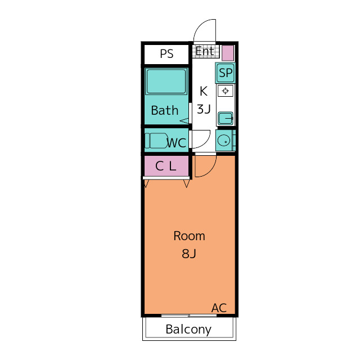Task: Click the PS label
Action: coord(166,54)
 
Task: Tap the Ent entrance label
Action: coord(205,51)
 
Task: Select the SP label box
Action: coord(225,73)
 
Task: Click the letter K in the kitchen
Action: coord(204,91)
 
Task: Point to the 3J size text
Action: coord(204,109)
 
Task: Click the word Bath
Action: coord(165,110)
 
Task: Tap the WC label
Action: coord(176,143)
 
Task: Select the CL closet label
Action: coord(165,166)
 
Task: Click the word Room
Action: coord(189,236)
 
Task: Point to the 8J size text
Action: coord(189,254)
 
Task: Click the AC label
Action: coord(219,308)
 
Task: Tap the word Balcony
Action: coord(188,330)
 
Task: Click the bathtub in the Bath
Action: coord(166,82)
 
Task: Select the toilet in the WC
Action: coord(156,141)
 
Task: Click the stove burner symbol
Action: coord(226,91)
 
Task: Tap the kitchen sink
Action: coord(226,119)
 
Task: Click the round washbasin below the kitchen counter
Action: coord(224,141)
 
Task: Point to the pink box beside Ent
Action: coord(228,53)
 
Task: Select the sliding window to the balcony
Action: coord(189,316)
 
